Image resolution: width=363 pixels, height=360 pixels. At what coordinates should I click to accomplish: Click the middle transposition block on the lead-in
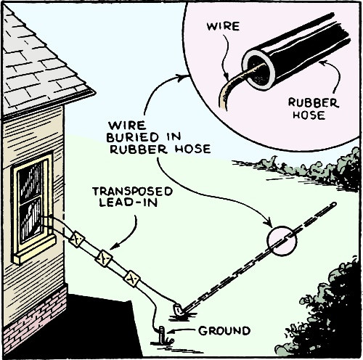click(x=105, y=258)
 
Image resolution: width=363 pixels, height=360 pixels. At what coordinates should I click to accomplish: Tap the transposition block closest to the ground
click(x=131, y=278)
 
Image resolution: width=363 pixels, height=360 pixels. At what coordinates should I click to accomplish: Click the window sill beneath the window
click(x=33, y=250)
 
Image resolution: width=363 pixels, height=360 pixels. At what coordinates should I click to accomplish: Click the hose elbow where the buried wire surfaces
click(x=176, y=309)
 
